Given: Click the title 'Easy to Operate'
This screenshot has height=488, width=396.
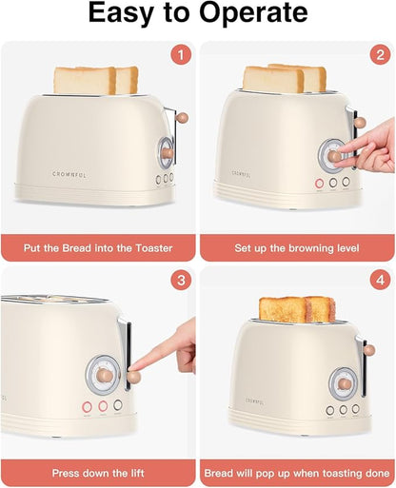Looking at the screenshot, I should (x=198, y=14).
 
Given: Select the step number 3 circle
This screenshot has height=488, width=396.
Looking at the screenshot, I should (x=181, y=281).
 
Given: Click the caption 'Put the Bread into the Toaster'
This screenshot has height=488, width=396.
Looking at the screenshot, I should (x=99, y=248).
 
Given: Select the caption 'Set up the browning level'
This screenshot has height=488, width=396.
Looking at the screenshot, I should (x=297, y=248).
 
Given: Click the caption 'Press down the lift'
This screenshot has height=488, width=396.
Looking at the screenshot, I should (x=99, y=471).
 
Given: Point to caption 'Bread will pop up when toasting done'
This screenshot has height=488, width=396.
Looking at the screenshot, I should (x=297, y=471).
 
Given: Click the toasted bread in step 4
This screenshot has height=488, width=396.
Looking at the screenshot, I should (x=296, y=309).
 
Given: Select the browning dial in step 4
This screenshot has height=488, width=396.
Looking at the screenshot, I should (x=344, y=382).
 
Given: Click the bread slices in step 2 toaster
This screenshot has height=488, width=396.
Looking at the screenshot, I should (x=284, y=78).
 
